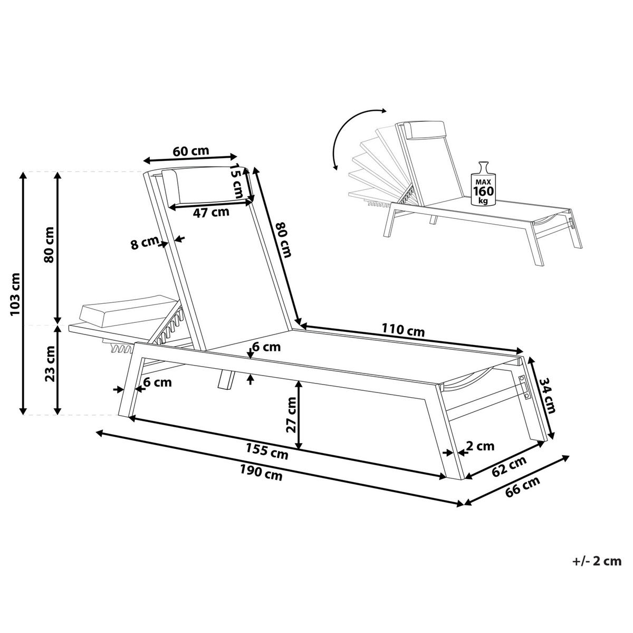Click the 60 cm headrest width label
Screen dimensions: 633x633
(x=191, y=151)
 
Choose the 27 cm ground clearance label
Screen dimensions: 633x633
(x=290, y=414)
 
